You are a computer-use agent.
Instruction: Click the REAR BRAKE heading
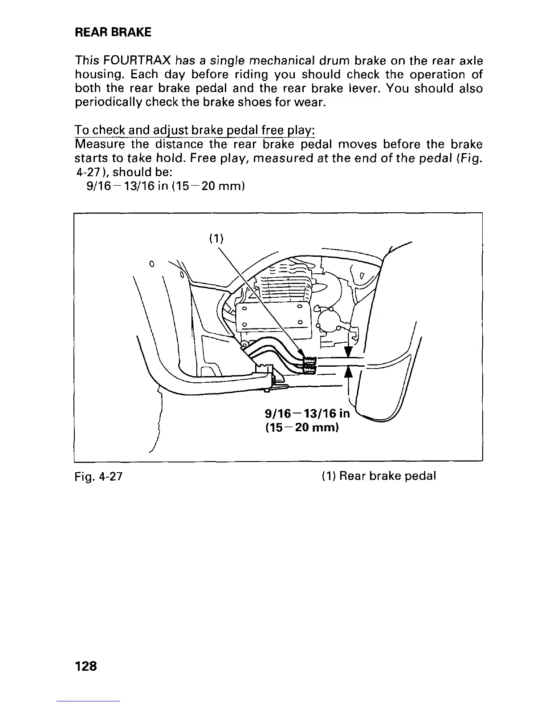click(x=113, y=32)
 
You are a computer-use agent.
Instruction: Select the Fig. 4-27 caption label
click(x=98, y=476)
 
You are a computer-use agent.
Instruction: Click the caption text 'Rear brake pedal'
click(x=387, y=476)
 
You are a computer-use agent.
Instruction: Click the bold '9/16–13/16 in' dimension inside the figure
click(x=307, y=414)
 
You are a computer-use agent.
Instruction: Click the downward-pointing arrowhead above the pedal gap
click(x=349, y=352)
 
